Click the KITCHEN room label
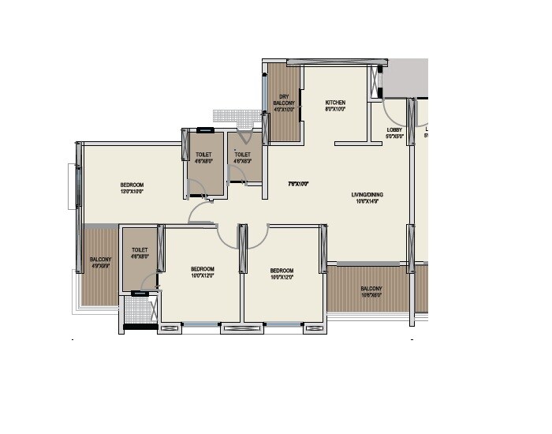(x=335, y=103)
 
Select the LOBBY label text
(x=394, y=129)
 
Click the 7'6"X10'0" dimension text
(x=297, y=184)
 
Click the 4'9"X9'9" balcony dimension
(x=99, y=266)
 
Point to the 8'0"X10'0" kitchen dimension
(x=335, y=110)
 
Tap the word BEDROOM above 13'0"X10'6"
(x=132, y=185)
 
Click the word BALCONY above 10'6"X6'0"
(x=371, y=289)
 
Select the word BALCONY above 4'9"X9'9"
(x=99, y=259)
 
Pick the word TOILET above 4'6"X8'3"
(x=243, y=155)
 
